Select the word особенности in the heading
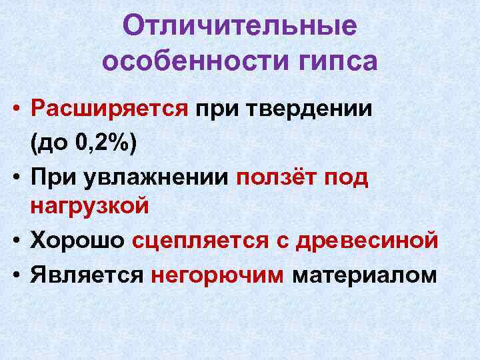pos(183,61)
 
